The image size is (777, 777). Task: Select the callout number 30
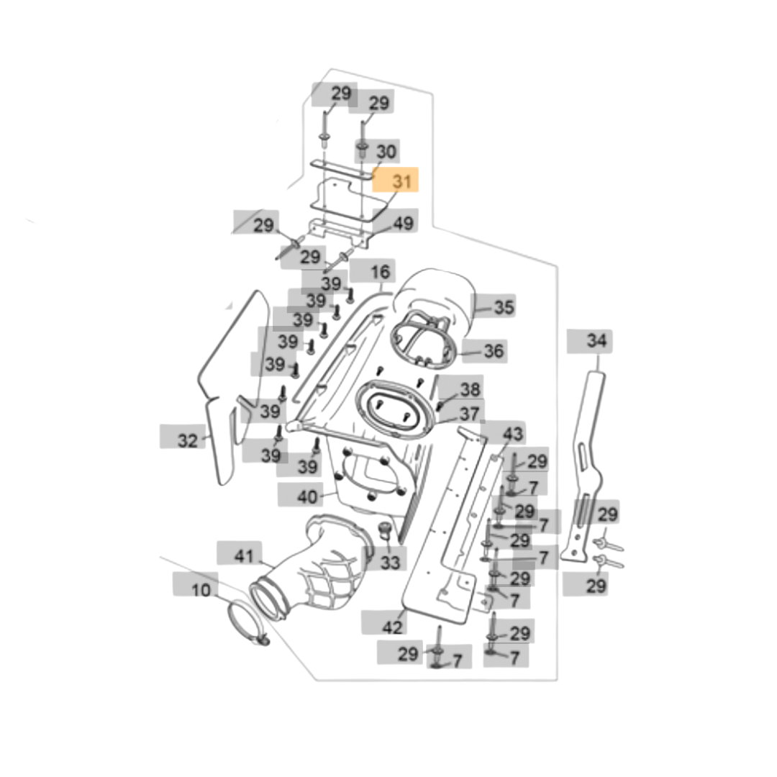[x=386, y=152]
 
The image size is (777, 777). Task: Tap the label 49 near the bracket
[x=403, y=224]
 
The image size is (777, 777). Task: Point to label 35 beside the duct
[x=504, y=308]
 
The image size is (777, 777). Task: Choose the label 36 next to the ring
[x=494, y=352]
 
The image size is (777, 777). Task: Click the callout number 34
[x=596, y=340]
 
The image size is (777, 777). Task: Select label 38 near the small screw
[x=470, y=390]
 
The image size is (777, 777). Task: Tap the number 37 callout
[x=469, y=414]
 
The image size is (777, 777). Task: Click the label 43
[x=512, y=435]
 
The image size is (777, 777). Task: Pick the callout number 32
[x=187, y=440]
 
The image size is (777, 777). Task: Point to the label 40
[x=307, y=496]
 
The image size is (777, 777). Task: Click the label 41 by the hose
[x=245, y=556]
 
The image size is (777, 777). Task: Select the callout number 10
[x=201, y=591]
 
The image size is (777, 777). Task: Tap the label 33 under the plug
[x=389, y=562]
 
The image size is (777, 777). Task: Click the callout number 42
[x=392, y=627]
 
